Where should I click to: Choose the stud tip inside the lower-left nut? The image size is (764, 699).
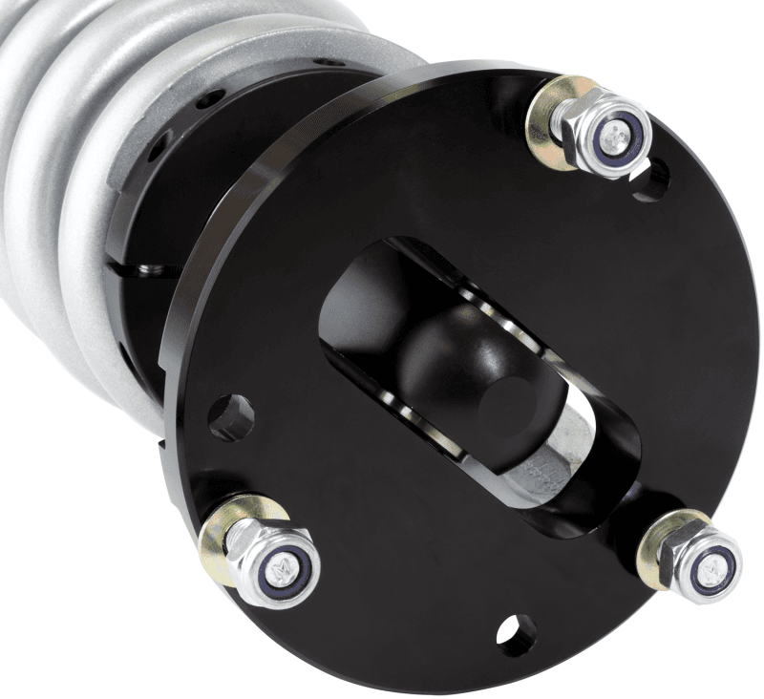(x=281, y=570)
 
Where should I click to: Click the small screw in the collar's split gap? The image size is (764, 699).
(x=148, y=271)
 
